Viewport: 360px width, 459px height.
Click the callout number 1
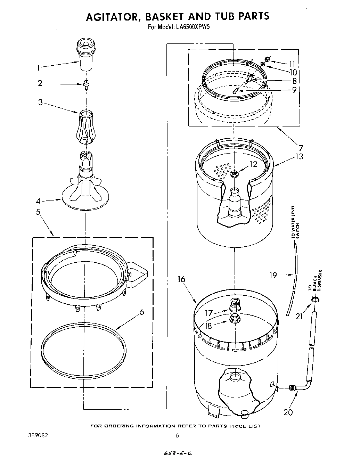pos(39,68)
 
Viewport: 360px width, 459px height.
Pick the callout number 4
pos(39,201)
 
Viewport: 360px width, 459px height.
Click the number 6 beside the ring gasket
pos(141,312)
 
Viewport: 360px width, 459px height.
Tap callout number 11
pos(292,64)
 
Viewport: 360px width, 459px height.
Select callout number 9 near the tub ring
pos(294,90)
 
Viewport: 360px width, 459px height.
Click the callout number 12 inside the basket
pos(253,164)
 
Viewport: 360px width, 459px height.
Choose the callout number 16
pos(181,279)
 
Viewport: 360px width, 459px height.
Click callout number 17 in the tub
pos(208,313)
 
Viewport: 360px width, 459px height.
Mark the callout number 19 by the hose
pos(273,276)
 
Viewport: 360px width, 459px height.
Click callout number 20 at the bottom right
pos(288,412)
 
